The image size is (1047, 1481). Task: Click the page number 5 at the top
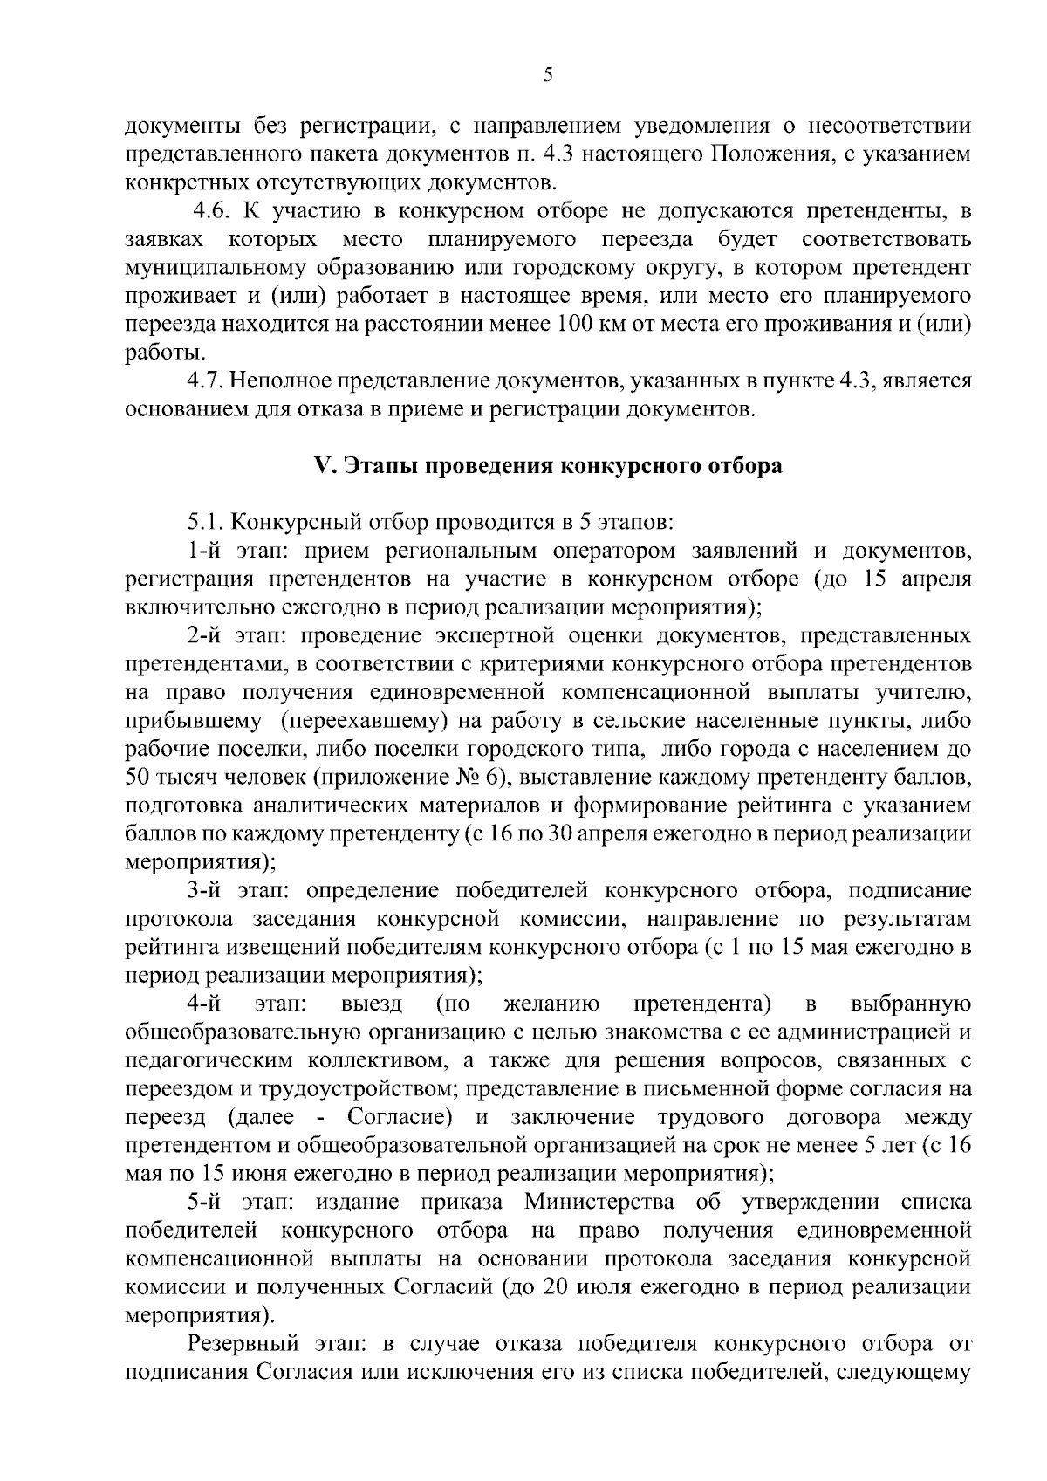coord(547,75)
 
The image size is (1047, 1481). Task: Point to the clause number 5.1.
coord(206,522)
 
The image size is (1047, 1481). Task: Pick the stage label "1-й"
coord(206,551)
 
